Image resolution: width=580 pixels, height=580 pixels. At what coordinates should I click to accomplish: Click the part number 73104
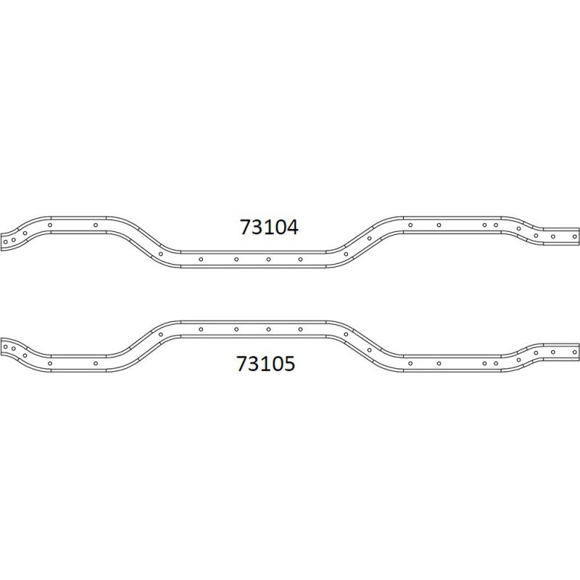[x=269, y=227]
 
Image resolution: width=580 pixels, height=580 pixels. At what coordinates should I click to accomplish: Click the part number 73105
[x=265, y=363]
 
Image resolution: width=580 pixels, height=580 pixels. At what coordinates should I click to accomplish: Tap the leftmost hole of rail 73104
[x=5, y=242]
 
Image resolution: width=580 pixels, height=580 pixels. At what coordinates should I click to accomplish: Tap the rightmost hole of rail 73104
[x=574, y=236]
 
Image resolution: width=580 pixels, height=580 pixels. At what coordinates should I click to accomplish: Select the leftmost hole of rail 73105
[x=5, y=347]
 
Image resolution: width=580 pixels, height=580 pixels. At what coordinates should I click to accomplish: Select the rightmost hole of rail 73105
[x=574, y=352]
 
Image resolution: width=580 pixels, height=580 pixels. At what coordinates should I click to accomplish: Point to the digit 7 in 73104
[x=246, y=227]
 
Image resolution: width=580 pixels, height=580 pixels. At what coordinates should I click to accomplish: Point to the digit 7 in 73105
[x=242, y=363]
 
